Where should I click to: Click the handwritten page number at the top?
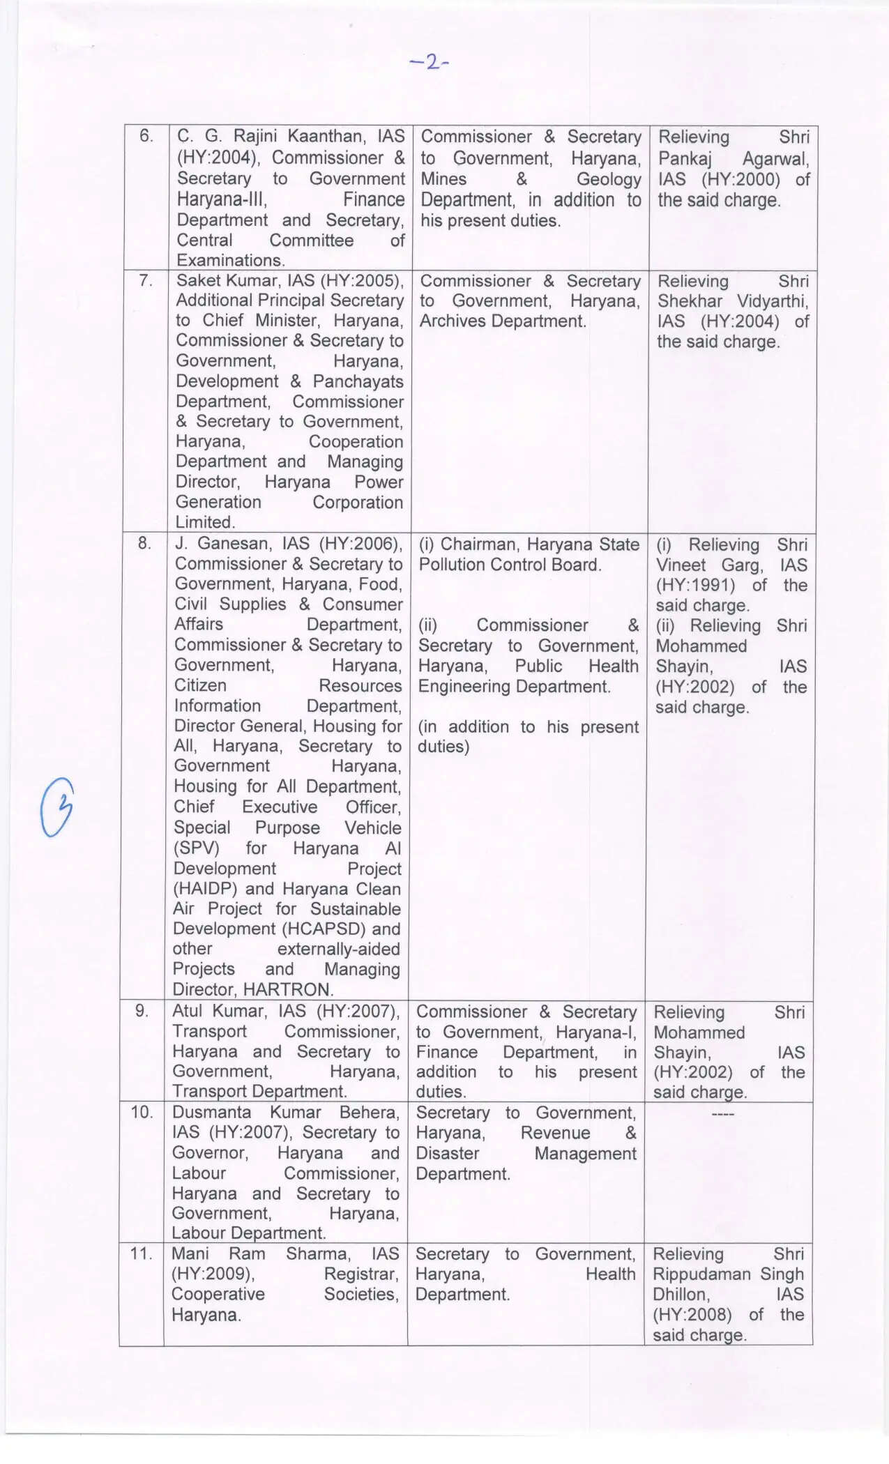[x=430, y=63]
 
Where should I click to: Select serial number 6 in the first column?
[x=146, y=136]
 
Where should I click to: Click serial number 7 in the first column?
[x=146, y=281]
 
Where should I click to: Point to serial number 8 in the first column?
[x=144, y=543]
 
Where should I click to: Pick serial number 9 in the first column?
[x=142, y=1011]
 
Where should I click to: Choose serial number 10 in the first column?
[x=142, y=1112]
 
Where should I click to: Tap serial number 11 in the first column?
[x=142, y=1253]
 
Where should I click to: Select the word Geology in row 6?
[x=608, y=179]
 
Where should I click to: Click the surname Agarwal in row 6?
[x=775, y=159]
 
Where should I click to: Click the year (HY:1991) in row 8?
[x=695, y=585]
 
